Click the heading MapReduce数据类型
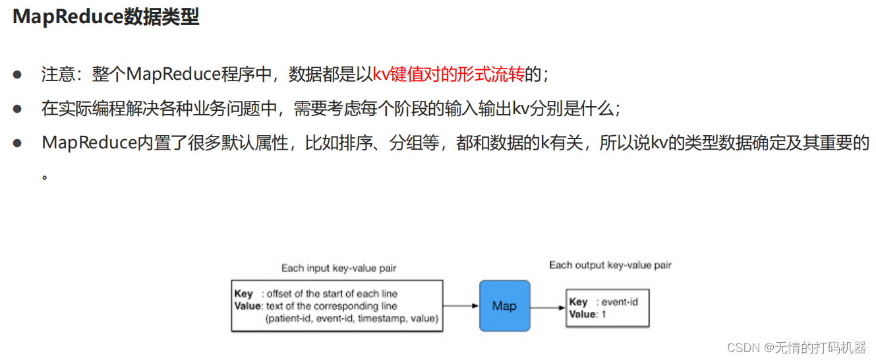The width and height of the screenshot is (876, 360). click(105, 18)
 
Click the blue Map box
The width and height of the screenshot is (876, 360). click(504, 305)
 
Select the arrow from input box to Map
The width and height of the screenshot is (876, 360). click(460, 306)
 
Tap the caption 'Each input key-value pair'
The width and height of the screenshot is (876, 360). click(339, 268)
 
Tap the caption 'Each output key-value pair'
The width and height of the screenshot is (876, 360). click(610, 265)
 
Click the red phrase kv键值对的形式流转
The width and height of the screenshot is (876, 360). click(449, 75)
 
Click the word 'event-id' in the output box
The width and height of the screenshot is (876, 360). click(620, 302)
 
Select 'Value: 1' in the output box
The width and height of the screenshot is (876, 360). click(587, 315)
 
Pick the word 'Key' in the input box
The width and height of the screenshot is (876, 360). click(243, 293)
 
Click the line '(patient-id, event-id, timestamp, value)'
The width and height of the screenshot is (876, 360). click(351, 318)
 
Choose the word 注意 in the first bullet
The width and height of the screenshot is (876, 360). click(54, 75)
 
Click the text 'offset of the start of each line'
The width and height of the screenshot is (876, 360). click(332, 293)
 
